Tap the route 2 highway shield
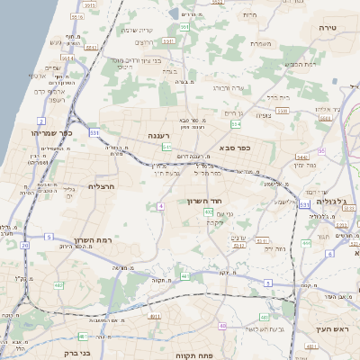(41, 120)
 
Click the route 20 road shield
(25, 245)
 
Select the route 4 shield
(160, 206)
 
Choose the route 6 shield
(330, 254)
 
